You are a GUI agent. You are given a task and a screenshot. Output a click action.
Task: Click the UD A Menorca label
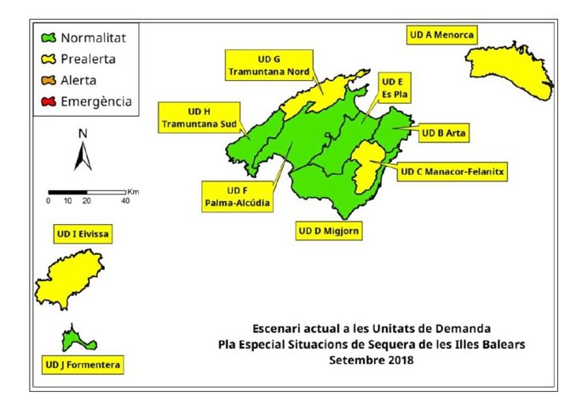coord(441,35)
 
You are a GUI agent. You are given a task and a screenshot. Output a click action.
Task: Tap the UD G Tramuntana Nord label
coord(268,65)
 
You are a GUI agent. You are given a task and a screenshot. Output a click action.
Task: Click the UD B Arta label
coord(445,133)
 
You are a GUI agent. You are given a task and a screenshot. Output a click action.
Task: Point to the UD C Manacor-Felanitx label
coord(452,171)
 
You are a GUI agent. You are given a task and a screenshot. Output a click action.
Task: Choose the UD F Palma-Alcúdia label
coord(237,196)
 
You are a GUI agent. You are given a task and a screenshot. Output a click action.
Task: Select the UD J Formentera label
coord(83,366)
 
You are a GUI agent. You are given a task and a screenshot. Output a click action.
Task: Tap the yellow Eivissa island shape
coord(69,281)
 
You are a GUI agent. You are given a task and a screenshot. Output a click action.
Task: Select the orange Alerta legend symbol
coord(49,81)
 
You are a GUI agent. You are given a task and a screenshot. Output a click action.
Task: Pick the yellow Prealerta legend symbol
coord(49,60)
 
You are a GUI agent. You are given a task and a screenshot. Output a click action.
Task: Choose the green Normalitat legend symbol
coord(49,38)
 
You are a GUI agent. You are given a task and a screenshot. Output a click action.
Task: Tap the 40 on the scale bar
coord(125,201)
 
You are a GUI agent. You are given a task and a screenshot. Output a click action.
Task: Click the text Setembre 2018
coord(371,360)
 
